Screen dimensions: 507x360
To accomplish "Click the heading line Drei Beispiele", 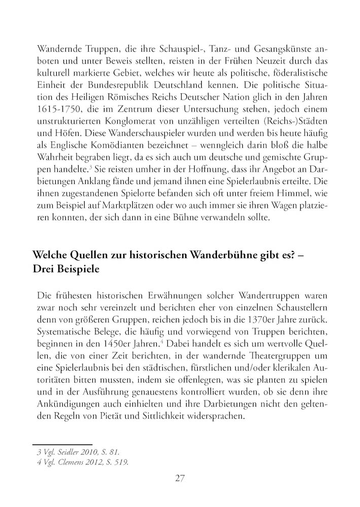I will [x=65, y=269].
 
